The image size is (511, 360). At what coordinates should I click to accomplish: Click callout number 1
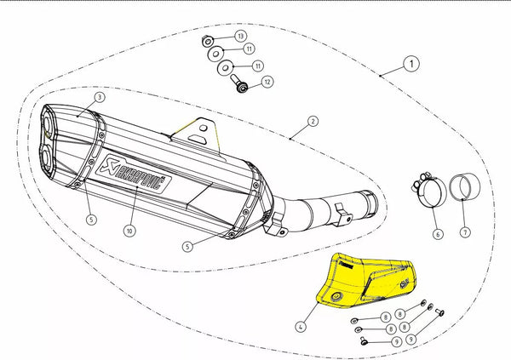click(411, 63)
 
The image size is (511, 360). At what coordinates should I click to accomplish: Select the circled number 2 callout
click(313, 122)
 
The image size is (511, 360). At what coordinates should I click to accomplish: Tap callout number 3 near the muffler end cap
click(100, 98)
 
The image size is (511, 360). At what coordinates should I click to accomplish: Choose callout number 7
click(464, 231)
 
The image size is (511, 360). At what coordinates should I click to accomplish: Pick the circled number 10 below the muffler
click(129, 231)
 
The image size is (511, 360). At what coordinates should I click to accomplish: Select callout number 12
click(267, 83)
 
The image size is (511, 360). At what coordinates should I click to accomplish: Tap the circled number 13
click(241, 36)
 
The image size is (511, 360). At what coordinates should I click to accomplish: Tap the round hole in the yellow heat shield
click(340, 295)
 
